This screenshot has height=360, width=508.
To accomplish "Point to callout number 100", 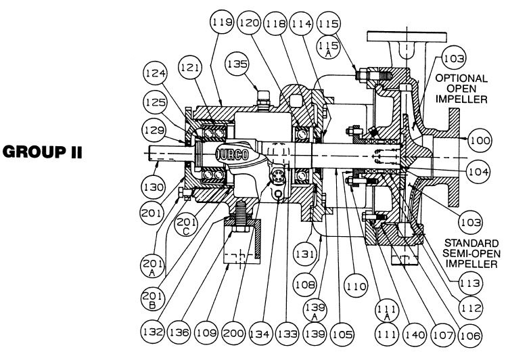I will pyautogui.click(x=478, y=141).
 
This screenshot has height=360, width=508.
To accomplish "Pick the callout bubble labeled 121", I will pyautogui.click(x=190, y=66).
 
